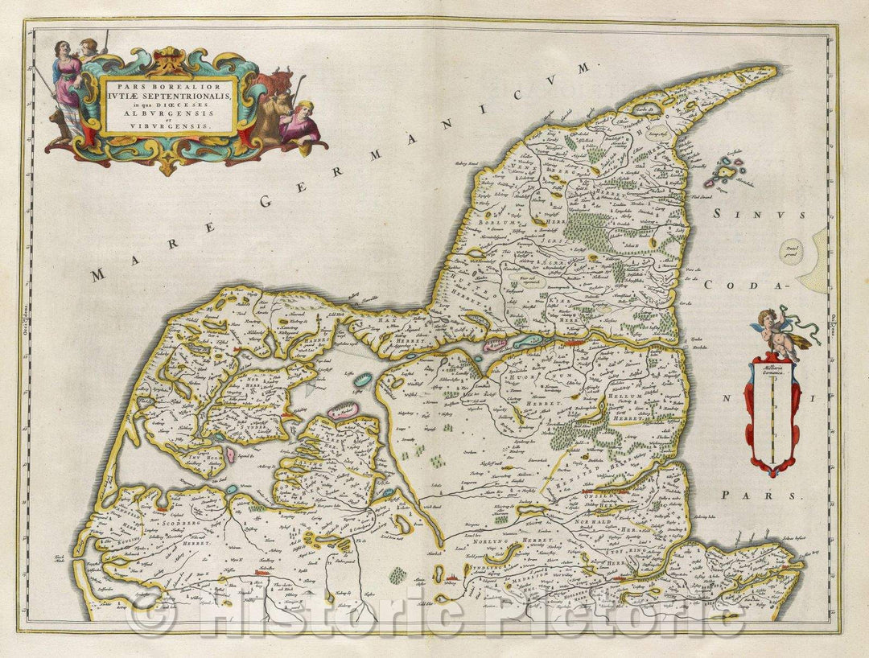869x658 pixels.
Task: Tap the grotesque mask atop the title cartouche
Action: tap(168, 60)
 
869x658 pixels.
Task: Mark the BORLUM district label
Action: tap(494, 222)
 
